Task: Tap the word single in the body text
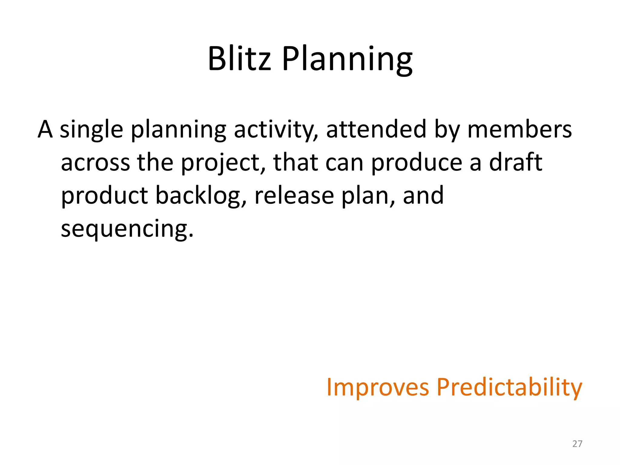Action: click(91, 130)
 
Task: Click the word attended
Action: click(376, 130)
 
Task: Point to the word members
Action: click(519, 130)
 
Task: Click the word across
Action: click(95, 163)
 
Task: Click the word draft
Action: click(516, 163)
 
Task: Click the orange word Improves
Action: click(378, 387)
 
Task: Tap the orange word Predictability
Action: click(509, 387)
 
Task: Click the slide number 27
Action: click(577, 444)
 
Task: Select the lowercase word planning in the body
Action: click(178, 130)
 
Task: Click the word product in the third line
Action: click(104, 196)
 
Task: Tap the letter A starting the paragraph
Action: click(45, 130)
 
